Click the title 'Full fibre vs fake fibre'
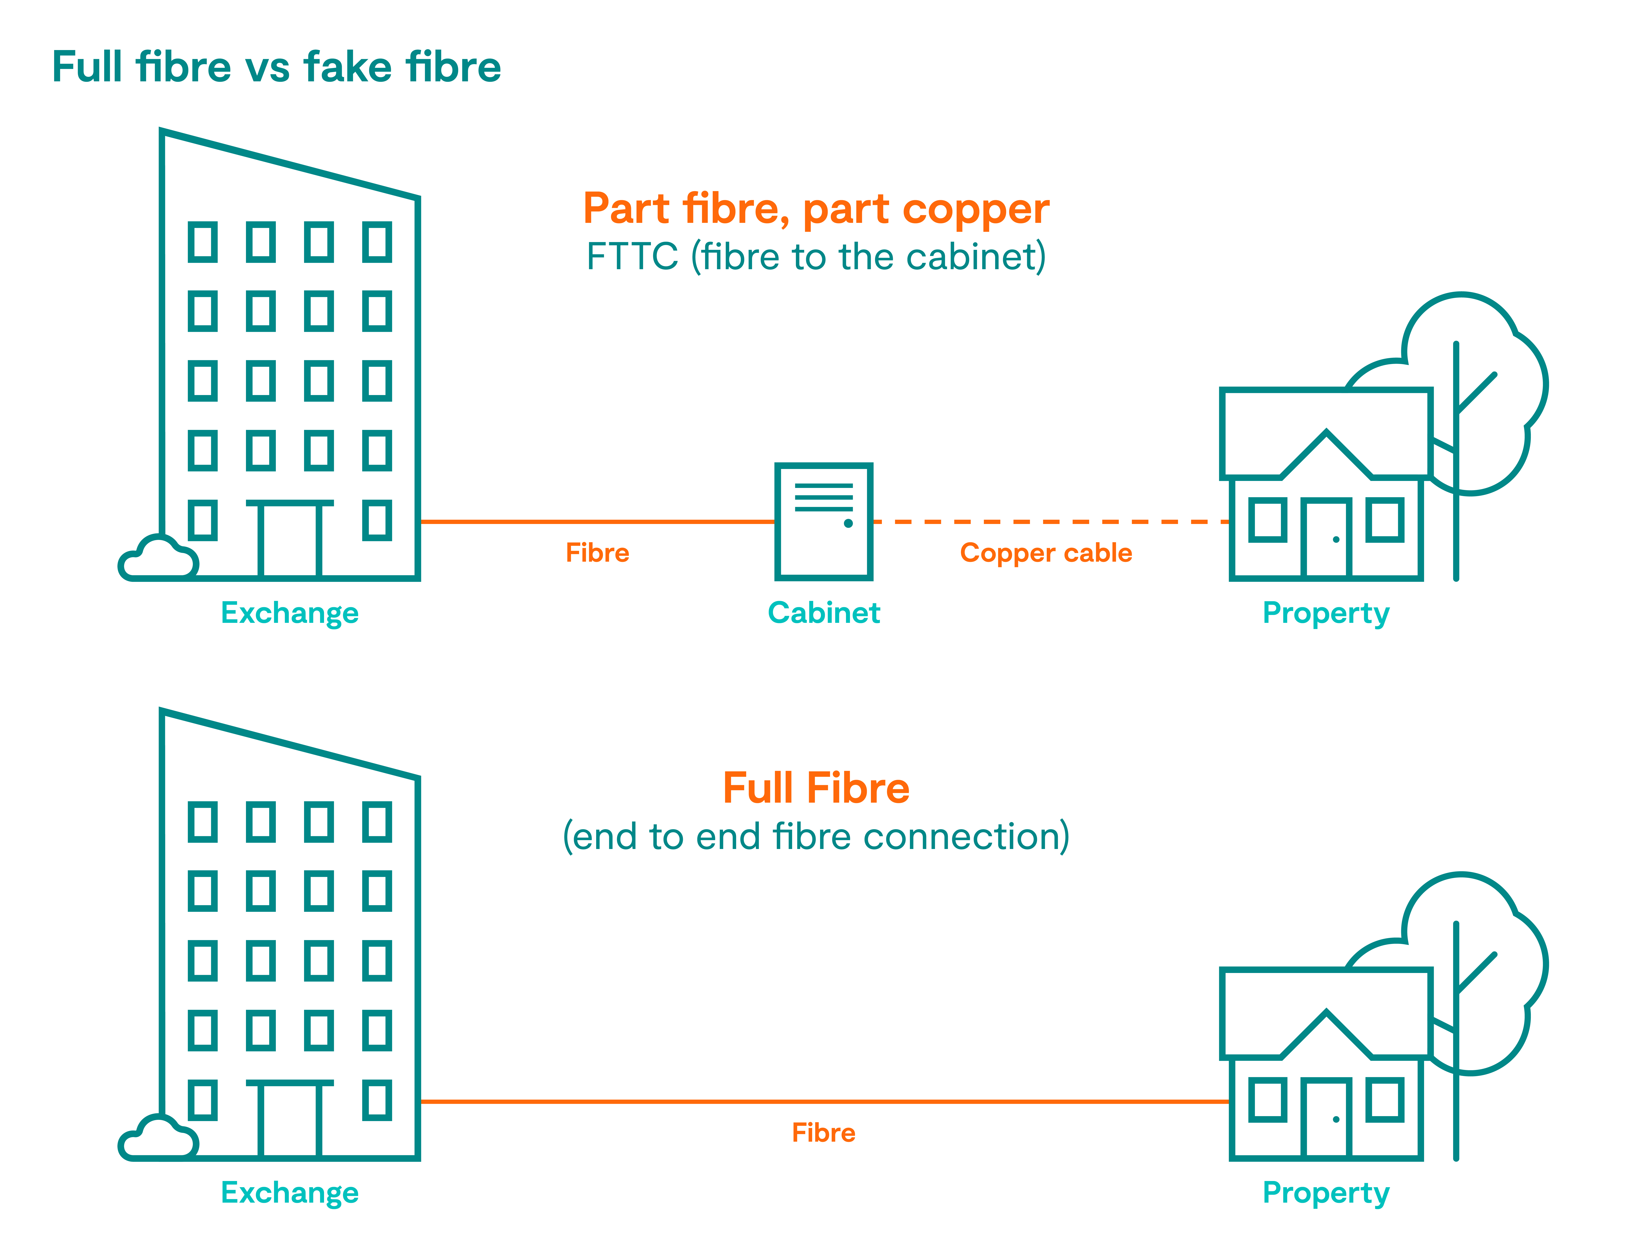[x=276, y=67]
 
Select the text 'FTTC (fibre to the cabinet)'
[x=816, y=256]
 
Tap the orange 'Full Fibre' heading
[x=816, y=787]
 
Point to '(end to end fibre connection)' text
[x=816, y=836]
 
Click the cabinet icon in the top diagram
[x=823, y=522]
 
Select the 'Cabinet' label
[x=823, y=612]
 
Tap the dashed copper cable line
[x=1050, y=522]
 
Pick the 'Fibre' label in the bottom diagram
[x=823, y=1132]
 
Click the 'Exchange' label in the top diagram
[x=290, y=612]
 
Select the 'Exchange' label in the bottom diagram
[x=290, y=1192]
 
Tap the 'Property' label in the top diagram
[x=1325, y=612]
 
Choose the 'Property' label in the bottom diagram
[x=1325, y=1192]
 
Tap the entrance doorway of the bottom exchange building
[x=290, y=1121]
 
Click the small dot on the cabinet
[x=848, y=523]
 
